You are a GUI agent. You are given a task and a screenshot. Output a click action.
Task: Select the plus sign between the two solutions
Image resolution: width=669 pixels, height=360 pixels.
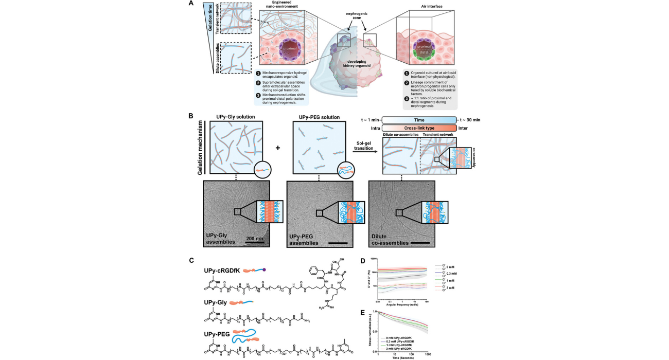[x=278, y=148]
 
